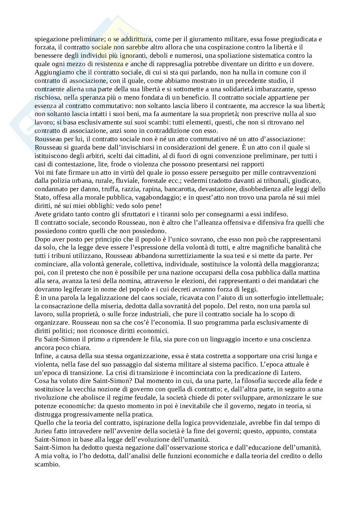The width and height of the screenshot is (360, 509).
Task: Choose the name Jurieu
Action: point(43,431)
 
